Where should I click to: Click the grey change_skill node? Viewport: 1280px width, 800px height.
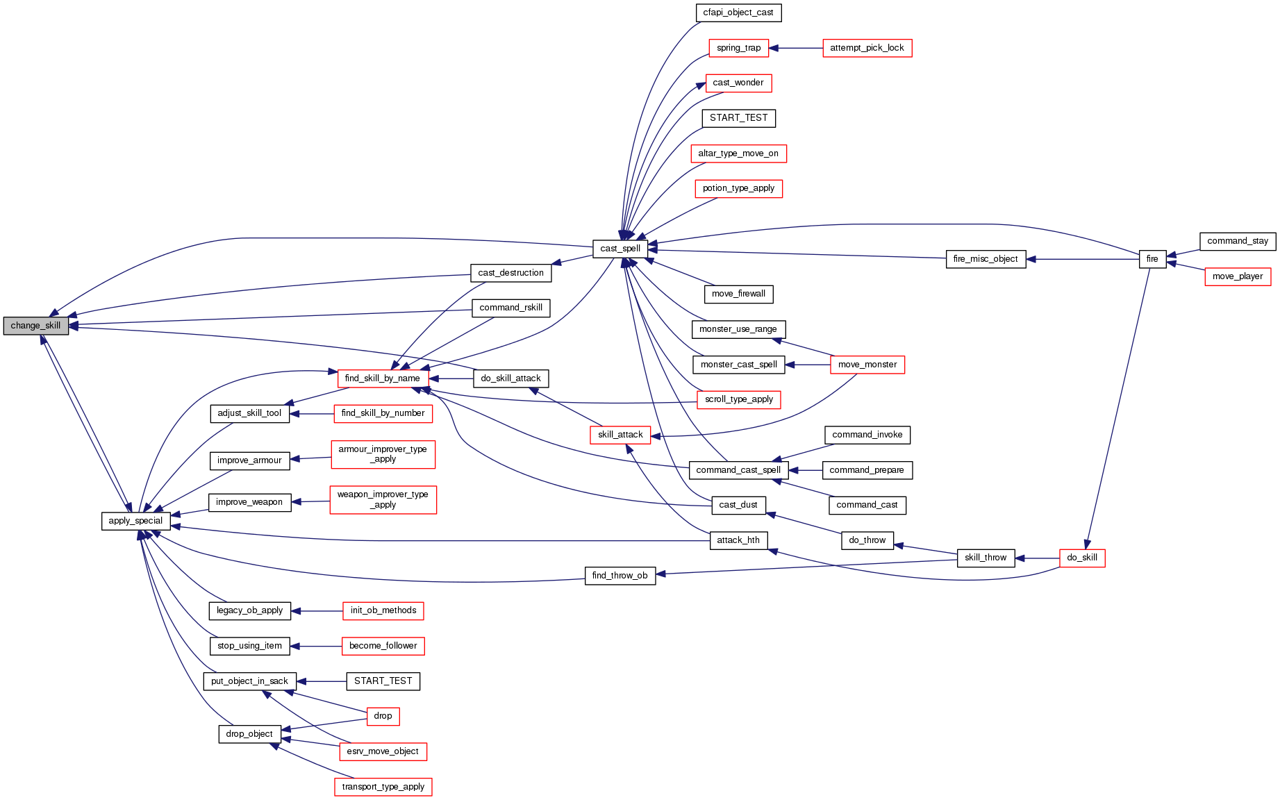coord(35,326)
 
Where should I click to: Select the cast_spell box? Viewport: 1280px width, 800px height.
coord(620,249)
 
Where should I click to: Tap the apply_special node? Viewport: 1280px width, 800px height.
coord(135,521)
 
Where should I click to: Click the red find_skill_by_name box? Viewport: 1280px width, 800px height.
coord(382,378)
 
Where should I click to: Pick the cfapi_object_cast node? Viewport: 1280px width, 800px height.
coord(738,12)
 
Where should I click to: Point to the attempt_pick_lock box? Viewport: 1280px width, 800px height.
coord(867,48)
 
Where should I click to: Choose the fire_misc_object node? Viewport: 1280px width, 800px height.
coord(985,259)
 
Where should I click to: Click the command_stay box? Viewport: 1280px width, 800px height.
coord(1237,241)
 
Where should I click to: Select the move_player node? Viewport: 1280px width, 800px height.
coord(1237,276)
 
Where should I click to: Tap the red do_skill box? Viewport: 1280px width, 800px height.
coord(1081,558)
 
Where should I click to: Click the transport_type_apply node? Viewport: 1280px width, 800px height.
coord(383,787)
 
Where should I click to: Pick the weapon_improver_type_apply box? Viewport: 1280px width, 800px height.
coord(383,499)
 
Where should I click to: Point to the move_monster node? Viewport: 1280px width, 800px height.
coord(867,365)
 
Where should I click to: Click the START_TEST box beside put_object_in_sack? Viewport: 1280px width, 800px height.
coord(383,681)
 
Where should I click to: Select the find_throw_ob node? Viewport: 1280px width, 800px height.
coord(620,576)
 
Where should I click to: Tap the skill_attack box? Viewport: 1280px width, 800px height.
coord(620,435)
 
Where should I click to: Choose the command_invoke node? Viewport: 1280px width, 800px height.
coord(867,435)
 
